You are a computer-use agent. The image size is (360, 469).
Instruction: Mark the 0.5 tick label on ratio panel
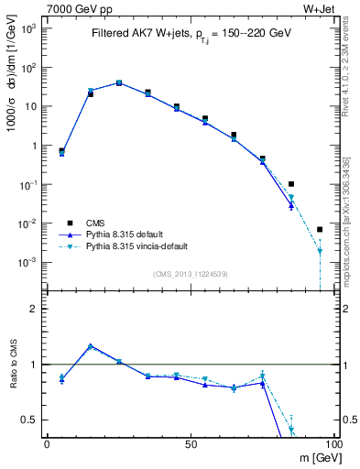pyautogui.click(x=29, y=420)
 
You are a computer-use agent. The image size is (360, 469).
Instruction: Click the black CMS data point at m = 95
pyautogui.click(x=320, y=229)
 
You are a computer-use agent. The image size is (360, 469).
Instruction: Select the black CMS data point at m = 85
pyautogui.click(x=291, y=184)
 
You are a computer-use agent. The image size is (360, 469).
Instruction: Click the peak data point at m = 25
pyautogui.click(x=119, y=82)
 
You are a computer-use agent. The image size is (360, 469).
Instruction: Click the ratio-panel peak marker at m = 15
pyautogui.click(x=90, y=346)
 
